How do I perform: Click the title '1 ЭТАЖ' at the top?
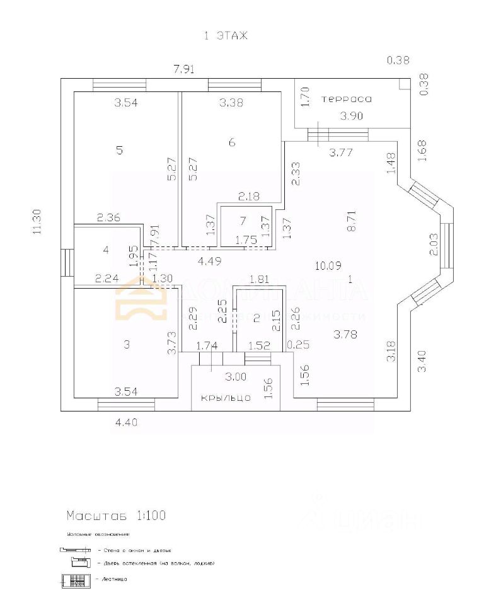225,36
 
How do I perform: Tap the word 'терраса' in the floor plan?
347,99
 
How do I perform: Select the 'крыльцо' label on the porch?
226,398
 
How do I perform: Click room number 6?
232,142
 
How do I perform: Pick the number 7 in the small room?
243,221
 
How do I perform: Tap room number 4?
106,250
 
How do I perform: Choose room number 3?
127,344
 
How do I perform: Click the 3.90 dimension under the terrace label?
352,116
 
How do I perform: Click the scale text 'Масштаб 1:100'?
117,516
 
